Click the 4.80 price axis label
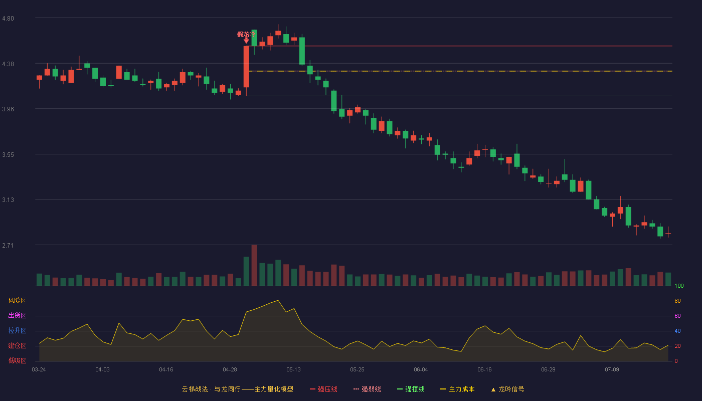click(8, 19)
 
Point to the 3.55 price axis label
click(8, 155)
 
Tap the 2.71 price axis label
click(8, 245)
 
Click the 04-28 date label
click(230, 370)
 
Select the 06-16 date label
click(484, 370)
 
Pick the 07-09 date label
click(612, 370)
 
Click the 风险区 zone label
click(17, 301)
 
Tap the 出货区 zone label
click(17, 315)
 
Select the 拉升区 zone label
click(17, 330)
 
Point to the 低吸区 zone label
click(17, 360)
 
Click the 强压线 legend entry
click(323, 389)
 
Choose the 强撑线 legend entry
click(411, 389)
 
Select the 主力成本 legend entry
click(457, 389)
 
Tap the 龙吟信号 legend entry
click(507, 389)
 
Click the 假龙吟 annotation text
click(246, 35)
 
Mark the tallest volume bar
click(254, 265)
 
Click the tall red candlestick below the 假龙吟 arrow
click(246, 67)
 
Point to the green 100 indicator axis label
click(679, 286)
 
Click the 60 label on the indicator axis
click(677, 316)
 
